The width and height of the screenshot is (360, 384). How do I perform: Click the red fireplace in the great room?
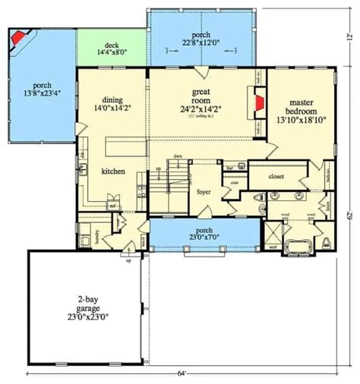(260, 105)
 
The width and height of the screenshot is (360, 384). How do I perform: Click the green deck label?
(112, 46)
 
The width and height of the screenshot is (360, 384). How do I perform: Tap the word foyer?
(204, 181)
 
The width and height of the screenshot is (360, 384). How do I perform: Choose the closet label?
(276, 177)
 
